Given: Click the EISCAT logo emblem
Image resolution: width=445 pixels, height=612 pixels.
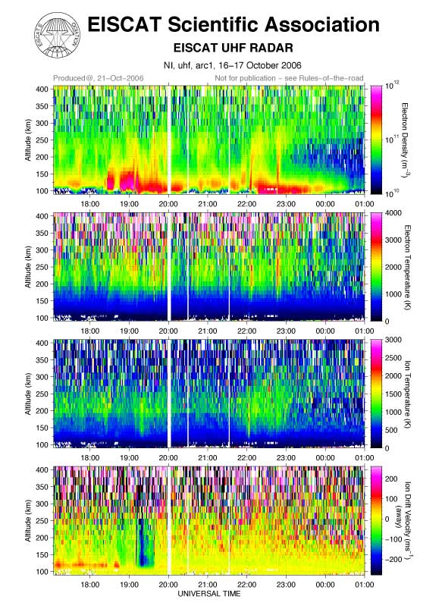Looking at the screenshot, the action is (58, 35).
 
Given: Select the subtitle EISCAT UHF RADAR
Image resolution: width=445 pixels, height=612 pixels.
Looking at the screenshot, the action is (233, 48).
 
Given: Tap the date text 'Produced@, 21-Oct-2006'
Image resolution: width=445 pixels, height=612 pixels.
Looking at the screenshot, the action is (99, 78).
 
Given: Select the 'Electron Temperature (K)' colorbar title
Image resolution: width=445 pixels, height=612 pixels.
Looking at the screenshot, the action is (407, 268).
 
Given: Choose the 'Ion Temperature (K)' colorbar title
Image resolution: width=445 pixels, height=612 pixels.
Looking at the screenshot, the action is (407, 394).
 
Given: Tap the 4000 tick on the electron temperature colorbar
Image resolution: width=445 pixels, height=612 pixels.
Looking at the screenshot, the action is (393, 213).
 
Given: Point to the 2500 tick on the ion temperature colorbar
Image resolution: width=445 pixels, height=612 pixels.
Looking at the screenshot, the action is (393, 358).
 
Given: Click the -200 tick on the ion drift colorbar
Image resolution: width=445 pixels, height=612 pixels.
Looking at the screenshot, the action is (393, 560).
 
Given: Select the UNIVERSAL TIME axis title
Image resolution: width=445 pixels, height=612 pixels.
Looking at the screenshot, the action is (209, 594).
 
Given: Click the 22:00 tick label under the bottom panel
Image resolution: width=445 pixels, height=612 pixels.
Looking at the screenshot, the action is (247, 585).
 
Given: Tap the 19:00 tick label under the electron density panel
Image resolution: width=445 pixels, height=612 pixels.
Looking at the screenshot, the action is (129, 204).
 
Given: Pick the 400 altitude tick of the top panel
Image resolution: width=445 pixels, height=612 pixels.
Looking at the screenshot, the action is (42, 89).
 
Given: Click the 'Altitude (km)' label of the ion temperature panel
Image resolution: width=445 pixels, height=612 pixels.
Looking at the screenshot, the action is (28, 394).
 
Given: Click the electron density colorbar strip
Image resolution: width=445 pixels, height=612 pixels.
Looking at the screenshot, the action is (376, 140).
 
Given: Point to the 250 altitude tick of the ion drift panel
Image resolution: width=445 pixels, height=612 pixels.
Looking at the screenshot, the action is (42, 521).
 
